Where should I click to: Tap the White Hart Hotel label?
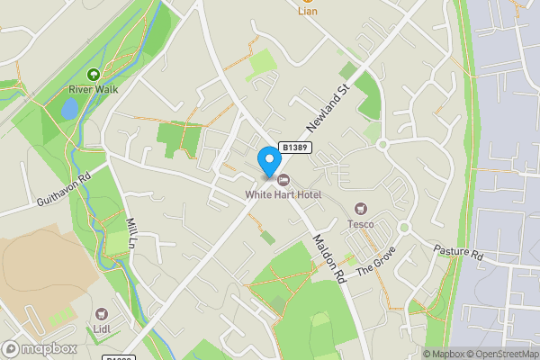coord(283,194)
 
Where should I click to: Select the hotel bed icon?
coord(283,180)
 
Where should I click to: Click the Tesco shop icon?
coord(362,209)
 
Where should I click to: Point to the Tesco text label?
coord(362,223)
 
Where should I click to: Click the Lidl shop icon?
coord(101,314)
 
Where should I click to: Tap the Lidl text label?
coord(101,329)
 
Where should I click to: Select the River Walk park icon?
coord(93,75)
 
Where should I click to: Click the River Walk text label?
coord(93,89)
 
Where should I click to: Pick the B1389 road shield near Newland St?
coord(295,147)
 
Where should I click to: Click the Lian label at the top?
coord(308,11)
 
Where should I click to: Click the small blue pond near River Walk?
coord(69,108)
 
